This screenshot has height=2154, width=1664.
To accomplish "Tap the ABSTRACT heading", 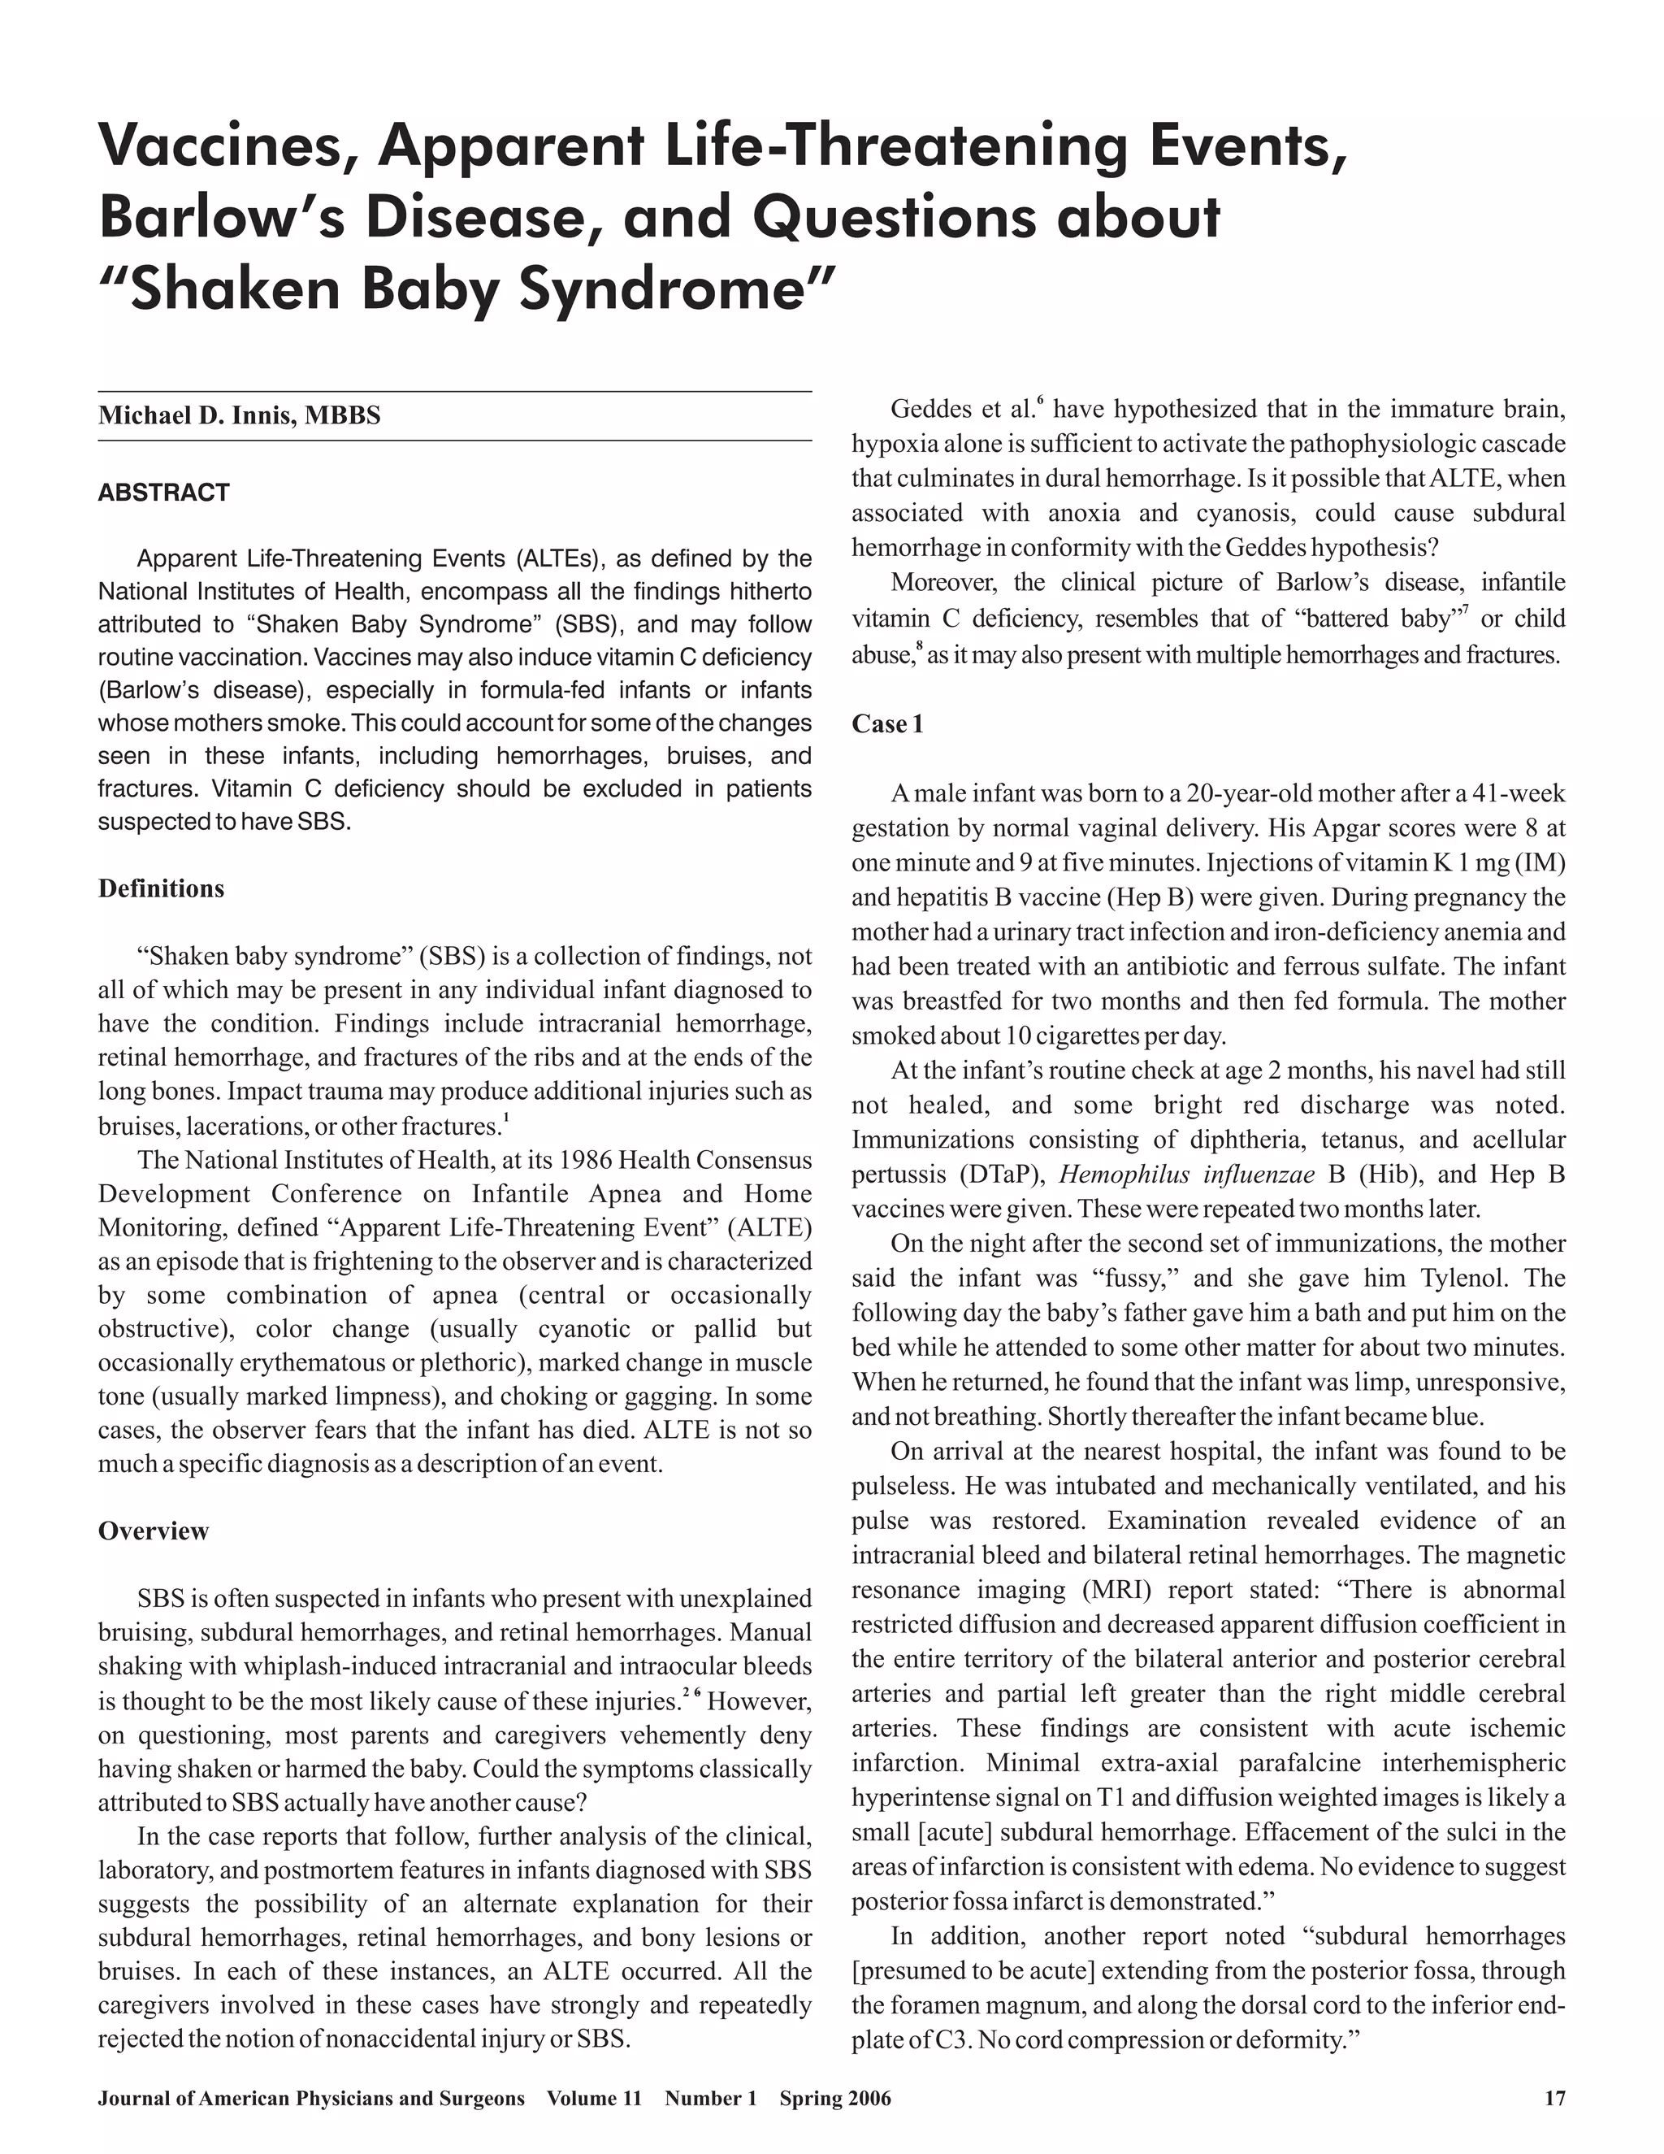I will point(163,492).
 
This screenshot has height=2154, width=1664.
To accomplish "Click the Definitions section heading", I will point(161,888).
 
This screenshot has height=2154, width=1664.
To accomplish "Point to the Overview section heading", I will point(153,1531).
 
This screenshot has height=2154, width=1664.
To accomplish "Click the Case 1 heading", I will point(887,724).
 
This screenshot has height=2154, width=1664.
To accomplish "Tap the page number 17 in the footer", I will point(1553,2098).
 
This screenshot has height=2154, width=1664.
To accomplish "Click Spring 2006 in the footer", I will point(835,2098).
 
